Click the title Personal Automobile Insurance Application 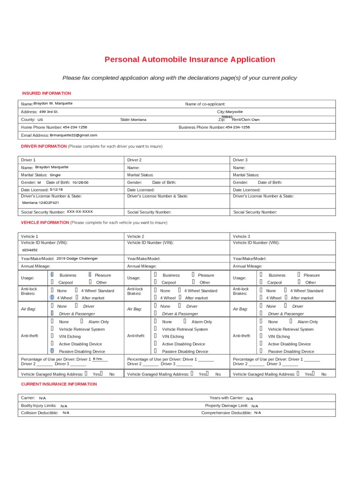pos(189,60)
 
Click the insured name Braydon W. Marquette pos(53,104)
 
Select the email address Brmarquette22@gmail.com pos(74,135)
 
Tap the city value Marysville pos(234,112)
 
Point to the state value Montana pos(138,120)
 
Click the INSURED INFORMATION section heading pos(46,93)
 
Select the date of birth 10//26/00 pos(80,182)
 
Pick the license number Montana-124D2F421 pos(41,203)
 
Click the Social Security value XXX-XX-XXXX pos(80,212)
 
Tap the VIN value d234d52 pos(30,250)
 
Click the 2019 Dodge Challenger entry pos(77,258)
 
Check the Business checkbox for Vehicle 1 pos(52,275)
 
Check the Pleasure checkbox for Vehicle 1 pos(90,275)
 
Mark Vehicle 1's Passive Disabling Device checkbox pos(52,351)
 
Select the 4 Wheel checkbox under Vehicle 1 pos(52,298)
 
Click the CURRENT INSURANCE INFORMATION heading pos(59,384)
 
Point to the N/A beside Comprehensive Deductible pos(258,413)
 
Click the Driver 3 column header pos(240,160)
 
